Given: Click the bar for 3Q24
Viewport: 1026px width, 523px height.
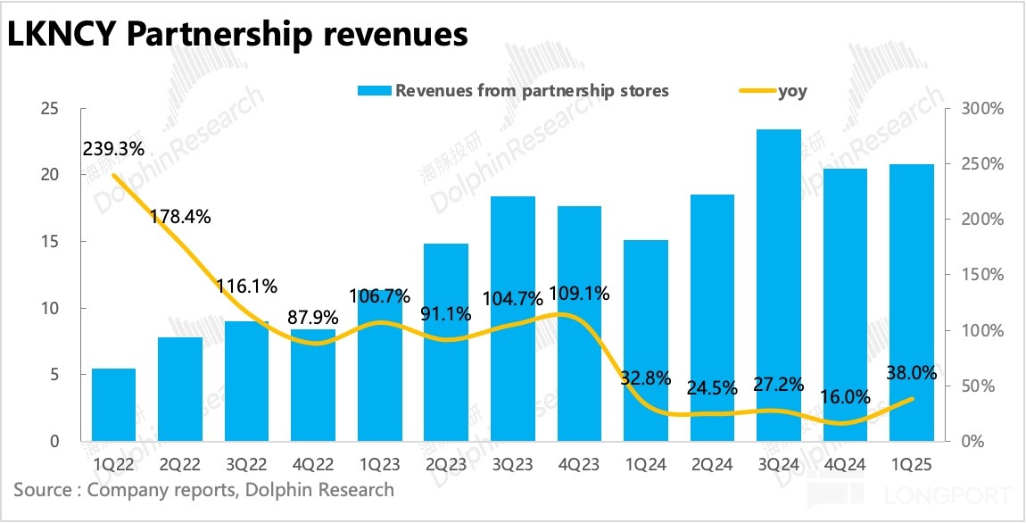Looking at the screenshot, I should coord(778,286).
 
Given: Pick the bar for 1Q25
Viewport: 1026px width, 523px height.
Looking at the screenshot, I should coord(911,303).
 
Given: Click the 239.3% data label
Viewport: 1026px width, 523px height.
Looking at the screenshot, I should coord(114,149).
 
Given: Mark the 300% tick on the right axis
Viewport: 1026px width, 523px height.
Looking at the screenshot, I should coord(979,109).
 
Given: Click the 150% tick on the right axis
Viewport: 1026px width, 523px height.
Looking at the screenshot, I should coord(979,275).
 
